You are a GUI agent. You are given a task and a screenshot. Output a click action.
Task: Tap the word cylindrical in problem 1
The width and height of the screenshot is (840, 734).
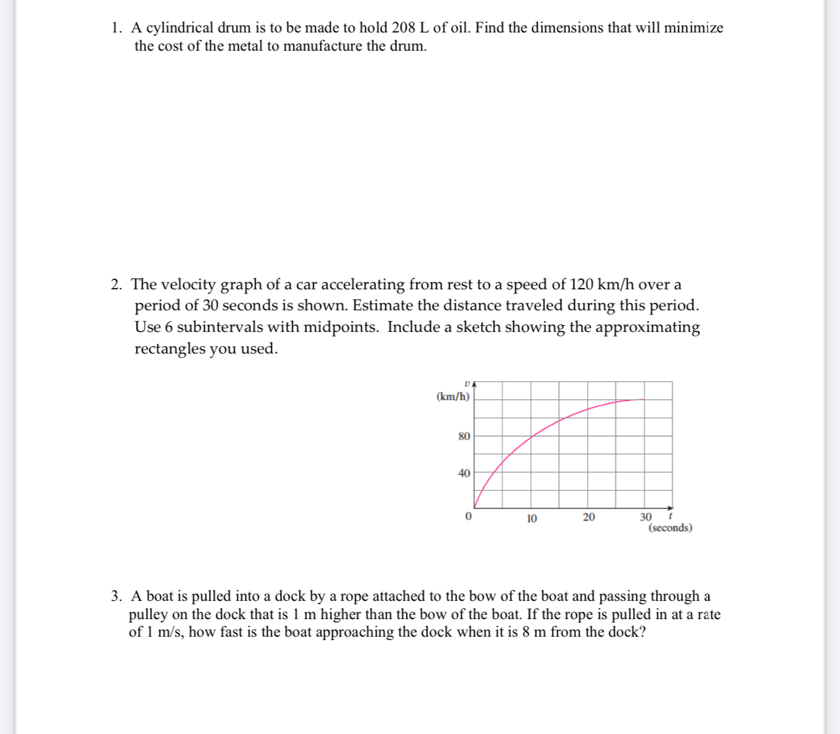180,28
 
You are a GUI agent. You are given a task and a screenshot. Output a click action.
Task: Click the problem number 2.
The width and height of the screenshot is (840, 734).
116,285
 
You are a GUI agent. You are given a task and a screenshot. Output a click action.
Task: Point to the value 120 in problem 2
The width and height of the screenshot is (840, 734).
582,284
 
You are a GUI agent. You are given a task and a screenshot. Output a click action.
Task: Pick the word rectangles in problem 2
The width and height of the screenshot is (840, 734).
169,349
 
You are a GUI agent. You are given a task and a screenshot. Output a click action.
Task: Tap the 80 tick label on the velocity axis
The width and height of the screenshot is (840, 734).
464,437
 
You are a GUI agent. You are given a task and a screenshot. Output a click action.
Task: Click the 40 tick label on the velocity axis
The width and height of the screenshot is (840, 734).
464,473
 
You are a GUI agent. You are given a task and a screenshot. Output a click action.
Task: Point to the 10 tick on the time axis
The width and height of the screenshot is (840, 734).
532,518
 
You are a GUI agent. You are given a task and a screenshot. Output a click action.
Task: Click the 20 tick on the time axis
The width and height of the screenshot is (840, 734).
588,517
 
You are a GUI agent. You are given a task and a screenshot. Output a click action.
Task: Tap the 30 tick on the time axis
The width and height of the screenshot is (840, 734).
646,517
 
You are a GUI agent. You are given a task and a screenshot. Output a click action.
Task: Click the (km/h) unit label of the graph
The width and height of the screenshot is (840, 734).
453,397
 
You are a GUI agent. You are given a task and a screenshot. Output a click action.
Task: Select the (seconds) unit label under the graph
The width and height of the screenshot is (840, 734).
670,528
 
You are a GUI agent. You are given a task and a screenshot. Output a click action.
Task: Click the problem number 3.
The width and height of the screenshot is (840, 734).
116,596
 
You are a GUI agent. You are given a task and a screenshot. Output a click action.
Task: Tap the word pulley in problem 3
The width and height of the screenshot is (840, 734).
148,615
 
